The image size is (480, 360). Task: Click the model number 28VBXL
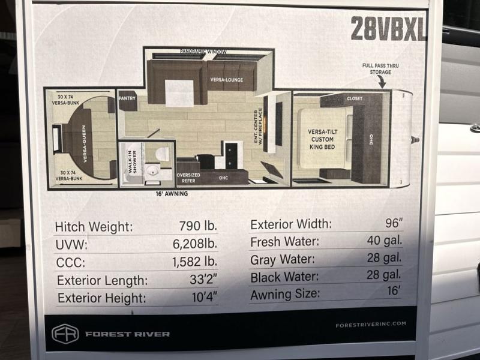point(388,28)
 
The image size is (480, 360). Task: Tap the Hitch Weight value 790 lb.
point(198,226)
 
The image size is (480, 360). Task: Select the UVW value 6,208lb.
point(195,244)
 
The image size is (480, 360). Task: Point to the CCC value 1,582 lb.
point(194,262)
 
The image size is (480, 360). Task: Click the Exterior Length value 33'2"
point(203,279)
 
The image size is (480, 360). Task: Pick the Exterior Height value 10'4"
point(205,296)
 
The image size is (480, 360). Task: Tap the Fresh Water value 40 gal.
point(385,241)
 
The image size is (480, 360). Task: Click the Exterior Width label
point(291,224)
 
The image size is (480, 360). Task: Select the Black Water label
point(284,277)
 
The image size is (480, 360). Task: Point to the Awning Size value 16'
point(394,290)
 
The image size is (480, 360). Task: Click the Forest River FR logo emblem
point(65,334)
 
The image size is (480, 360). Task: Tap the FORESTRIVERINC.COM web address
point(371,325)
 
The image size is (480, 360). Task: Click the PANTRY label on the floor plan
point(127,98)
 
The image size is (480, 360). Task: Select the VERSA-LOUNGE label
point(227,80)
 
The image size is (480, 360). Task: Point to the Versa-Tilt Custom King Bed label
point(322,139)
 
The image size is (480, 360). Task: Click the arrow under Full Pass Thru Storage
point(382,82)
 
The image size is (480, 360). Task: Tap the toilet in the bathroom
point(162,154)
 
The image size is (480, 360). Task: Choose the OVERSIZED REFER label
point(188,178)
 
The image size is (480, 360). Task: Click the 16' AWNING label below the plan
point(172,193)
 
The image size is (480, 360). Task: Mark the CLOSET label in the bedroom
point(355,98)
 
